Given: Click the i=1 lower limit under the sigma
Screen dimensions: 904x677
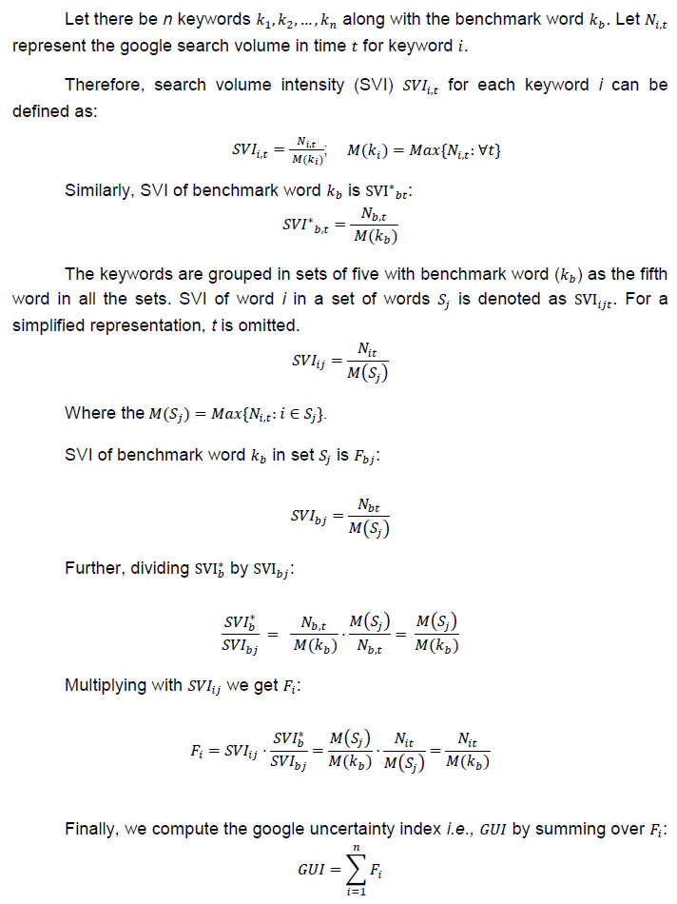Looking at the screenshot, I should pos(345,894).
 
